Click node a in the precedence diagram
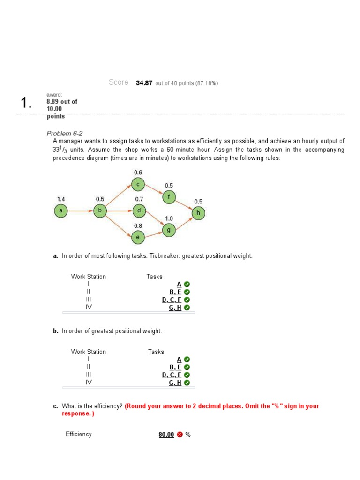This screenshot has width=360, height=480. coord(60,211)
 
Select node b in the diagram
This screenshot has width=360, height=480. coord(99,211)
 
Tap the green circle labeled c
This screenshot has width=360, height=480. coord(138,185)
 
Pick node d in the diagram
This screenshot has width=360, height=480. coord(139,211)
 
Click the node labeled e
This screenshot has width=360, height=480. coord(137,238)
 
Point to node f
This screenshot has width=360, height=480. coord(169,197)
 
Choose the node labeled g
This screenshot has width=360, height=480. coord(169,230)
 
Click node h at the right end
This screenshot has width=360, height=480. coord(198,213)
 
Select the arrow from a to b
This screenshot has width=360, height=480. coord(80,211)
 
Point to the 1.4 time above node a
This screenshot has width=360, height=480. coord(61,199)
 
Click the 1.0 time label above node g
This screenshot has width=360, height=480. coord(169,218)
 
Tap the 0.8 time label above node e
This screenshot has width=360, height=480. coord(138,226)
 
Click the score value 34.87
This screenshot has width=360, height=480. coord(144,83)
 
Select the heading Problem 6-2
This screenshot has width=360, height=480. coord(65,133)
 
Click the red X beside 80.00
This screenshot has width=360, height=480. coord(180,435)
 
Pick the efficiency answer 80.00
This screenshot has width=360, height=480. coord(166,435)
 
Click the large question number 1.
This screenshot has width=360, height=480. coord(27,104)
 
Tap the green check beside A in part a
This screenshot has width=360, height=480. coord(187,285)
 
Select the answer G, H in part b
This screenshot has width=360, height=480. coord(175,382)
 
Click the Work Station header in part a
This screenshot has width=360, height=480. coord(89,277)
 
